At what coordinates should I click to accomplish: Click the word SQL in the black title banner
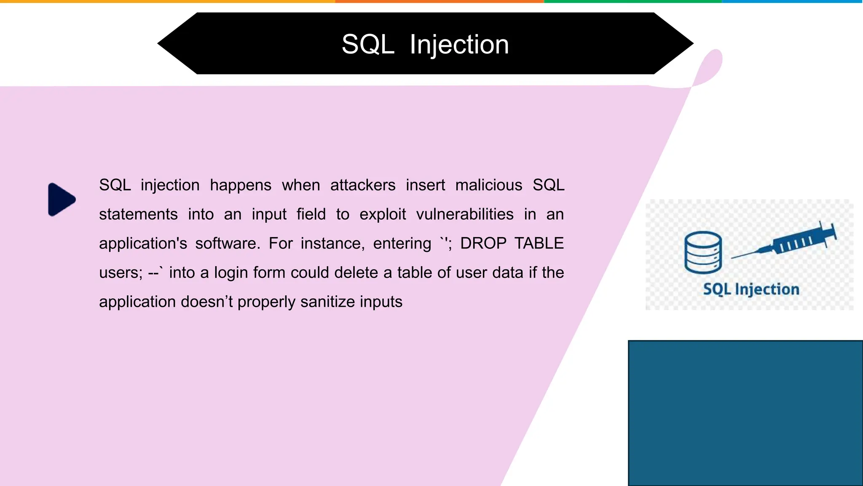[367, 44]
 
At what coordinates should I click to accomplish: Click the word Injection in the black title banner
[459, 44]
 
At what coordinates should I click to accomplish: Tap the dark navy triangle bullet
[61, 200]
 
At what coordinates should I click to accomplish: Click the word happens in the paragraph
[241, 186]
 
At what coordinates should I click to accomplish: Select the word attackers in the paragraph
[363, 186]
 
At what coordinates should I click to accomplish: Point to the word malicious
[488, 186]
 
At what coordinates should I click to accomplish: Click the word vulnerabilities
[465, 215]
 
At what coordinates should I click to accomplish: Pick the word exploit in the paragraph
[383, 215]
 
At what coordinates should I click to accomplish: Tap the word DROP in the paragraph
[483, 244]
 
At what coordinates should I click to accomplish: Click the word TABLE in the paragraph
[539, 244]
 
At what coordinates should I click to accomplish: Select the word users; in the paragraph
[121, 273]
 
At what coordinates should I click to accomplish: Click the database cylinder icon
[703, 253]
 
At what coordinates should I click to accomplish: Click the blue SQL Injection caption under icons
[751, 289]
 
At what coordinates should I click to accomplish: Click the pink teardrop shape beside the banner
[710, 67]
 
